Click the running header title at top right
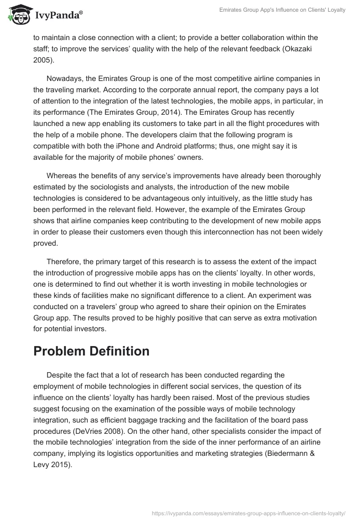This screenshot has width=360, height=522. [282, 10]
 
